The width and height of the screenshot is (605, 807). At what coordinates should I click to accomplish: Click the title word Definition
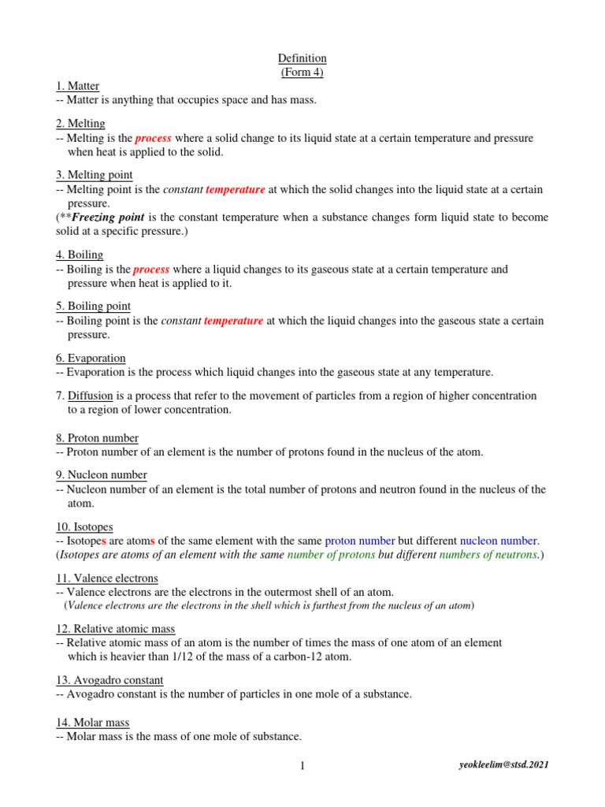(x=302, y=59)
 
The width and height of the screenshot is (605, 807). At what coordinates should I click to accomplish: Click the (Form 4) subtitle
(x=302, y=73)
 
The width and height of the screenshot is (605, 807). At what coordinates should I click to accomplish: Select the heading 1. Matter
(x=78, y=86)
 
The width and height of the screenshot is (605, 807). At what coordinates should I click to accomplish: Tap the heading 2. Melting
(x=80, y=124)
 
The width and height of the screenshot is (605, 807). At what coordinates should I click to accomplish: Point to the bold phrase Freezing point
(x=107, y=217)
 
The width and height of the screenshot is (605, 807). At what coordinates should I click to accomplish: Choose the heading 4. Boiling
(x=80, y=255)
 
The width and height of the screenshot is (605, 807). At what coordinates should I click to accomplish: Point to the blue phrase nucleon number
(x=498, y=541)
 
